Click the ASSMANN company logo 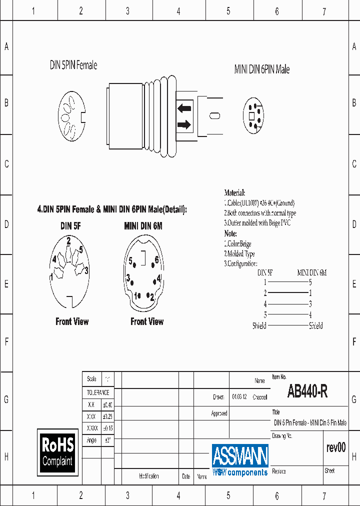pos(240,459)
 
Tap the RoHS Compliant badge pos(58,451)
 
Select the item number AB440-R pos(307,391)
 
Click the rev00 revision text pos(335,447)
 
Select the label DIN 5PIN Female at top pos(73,65)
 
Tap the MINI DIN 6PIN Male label pos(262,69)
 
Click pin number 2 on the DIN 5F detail pos(68,240)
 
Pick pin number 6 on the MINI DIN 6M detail pos(156,259)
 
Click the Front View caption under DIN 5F pos(72,321)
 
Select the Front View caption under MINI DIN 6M pos(147,321)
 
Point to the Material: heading pos(234,193)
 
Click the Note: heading pos(230,233)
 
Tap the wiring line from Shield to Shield pos(287,325)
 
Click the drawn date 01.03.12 pos(238,397)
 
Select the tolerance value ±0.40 pos(107,404)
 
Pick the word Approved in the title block pos(219,413)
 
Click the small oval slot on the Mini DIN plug pos(215,115)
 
